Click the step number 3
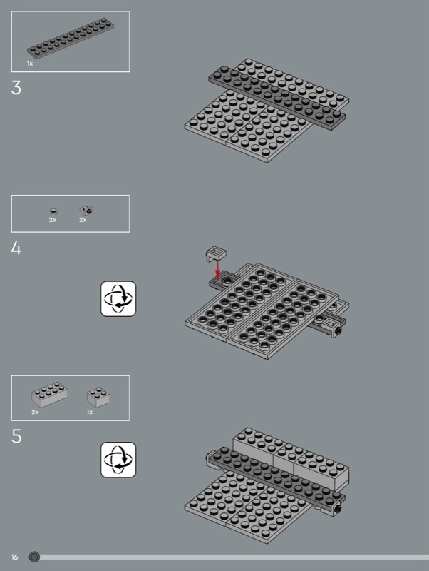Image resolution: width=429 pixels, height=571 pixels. (16, 88)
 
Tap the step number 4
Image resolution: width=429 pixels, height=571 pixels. (16, 248)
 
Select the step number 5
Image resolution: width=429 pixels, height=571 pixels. (16, 436)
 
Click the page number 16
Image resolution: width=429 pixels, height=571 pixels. (14, 557)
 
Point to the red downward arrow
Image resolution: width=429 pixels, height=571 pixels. (217, 270)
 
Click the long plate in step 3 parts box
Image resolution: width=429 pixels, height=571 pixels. (71, 38)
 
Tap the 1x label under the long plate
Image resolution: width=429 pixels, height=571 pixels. (30, 64)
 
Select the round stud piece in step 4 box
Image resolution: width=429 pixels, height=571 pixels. (53, 211)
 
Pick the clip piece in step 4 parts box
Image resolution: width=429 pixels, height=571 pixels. (86, 210)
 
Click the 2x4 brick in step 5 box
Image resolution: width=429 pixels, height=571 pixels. (49, 395)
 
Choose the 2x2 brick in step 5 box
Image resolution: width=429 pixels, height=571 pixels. (98, 397)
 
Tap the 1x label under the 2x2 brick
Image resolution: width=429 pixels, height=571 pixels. (90, 412)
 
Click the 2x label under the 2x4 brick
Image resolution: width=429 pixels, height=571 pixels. (35, 412)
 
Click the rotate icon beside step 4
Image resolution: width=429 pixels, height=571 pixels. (118, 298)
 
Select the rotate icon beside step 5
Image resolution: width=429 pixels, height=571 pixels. (118, 460)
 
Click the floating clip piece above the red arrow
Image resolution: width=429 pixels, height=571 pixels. (217, 253)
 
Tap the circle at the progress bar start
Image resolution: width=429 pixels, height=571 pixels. (34, 557)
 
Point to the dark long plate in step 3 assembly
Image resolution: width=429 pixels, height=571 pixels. (277, 98)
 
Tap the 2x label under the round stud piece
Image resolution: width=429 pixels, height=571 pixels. (53, 220)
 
